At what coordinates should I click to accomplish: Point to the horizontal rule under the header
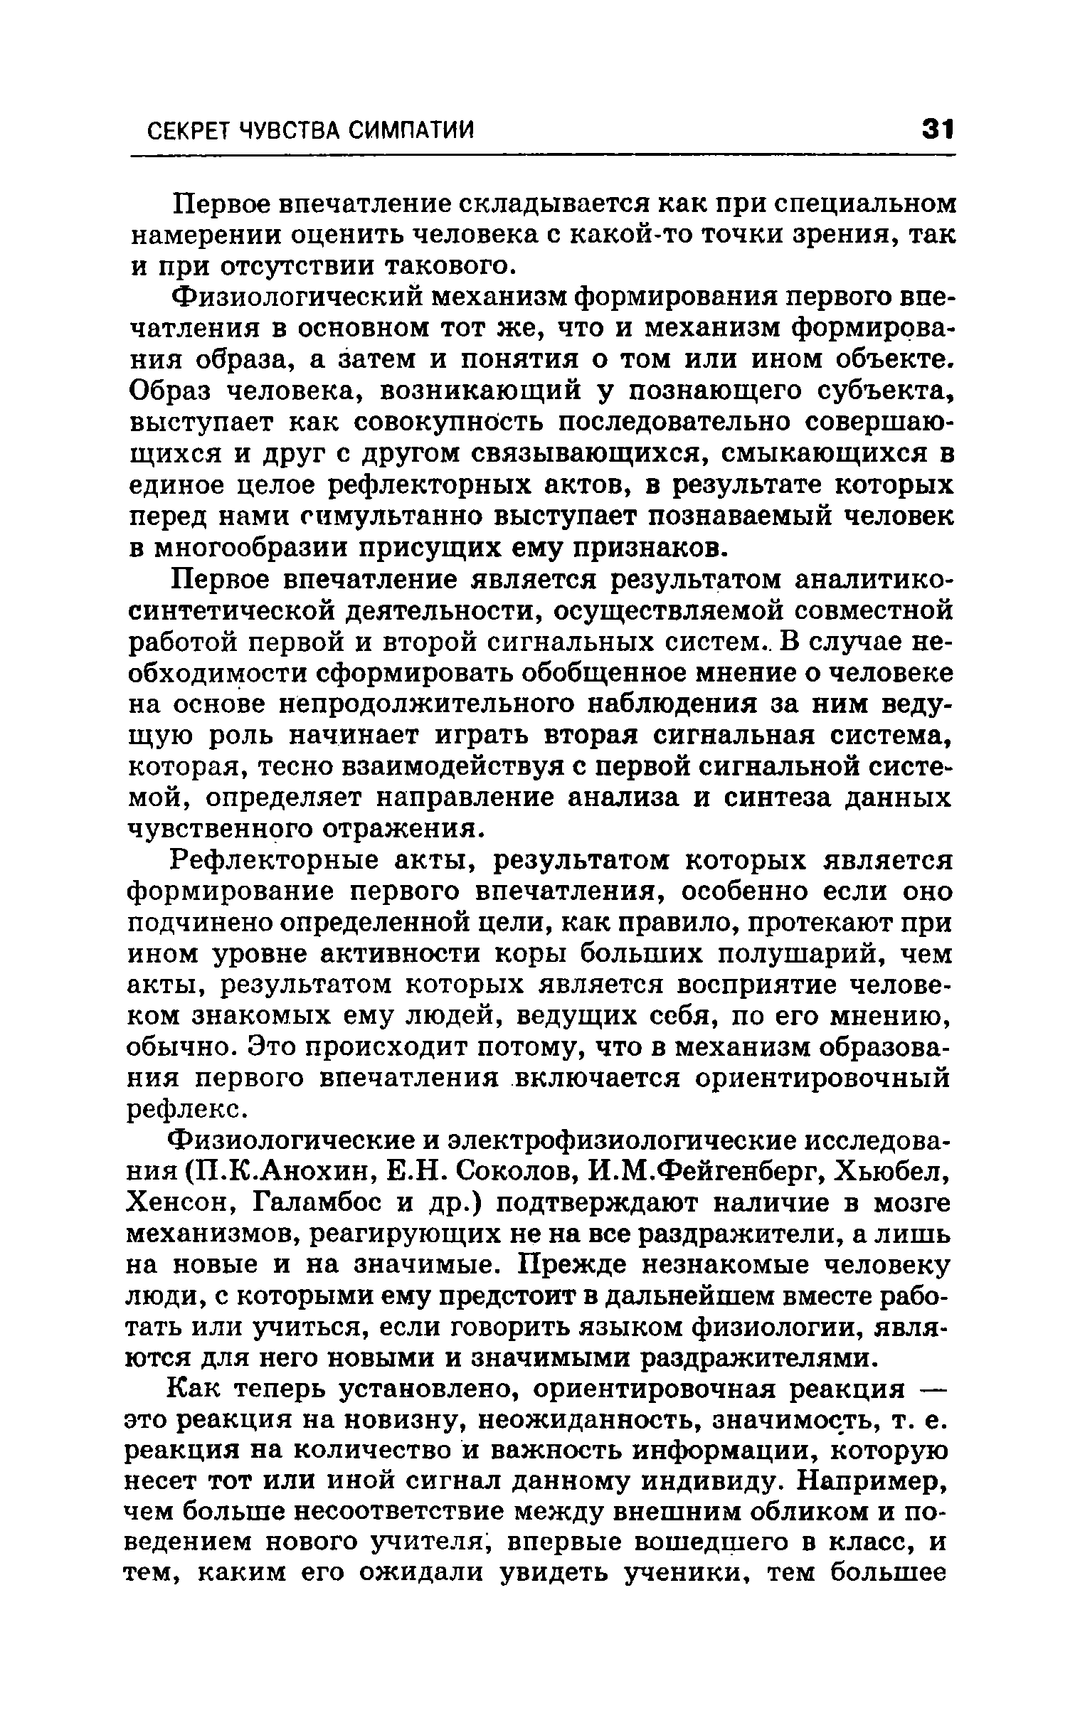[x=541, y=156]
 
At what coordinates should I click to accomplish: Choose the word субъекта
[x=883, y=391]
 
